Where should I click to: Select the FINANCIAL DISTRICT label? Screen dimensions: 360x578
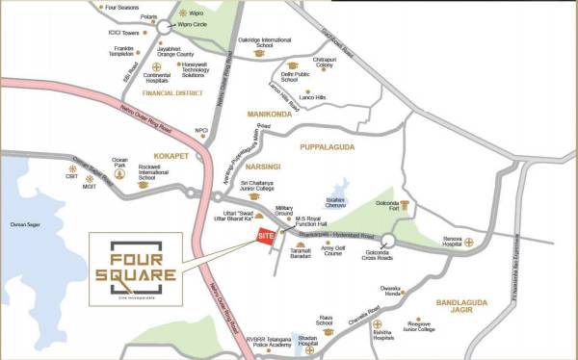coord(173,93)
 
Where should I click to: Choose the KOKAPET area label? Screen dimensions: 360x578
coord(170,154)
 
